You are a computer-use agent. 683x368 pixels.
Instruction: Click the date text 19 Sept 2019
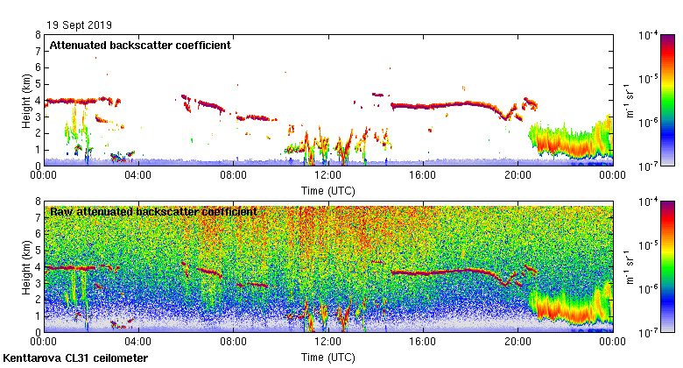click(80, 25)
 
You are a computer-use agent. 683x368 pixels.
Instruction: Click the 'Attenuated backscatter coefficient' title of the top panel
click(140, 45)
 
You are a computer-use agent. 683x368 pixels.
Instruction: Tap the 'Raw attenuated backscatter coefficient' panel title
click(152, 211)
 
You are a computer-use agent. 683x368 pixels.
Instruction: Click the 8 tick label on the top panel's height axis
click(38, 35)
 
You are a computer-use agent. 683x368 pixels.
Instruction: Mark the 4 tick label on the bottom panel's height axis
click(38, 267)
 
